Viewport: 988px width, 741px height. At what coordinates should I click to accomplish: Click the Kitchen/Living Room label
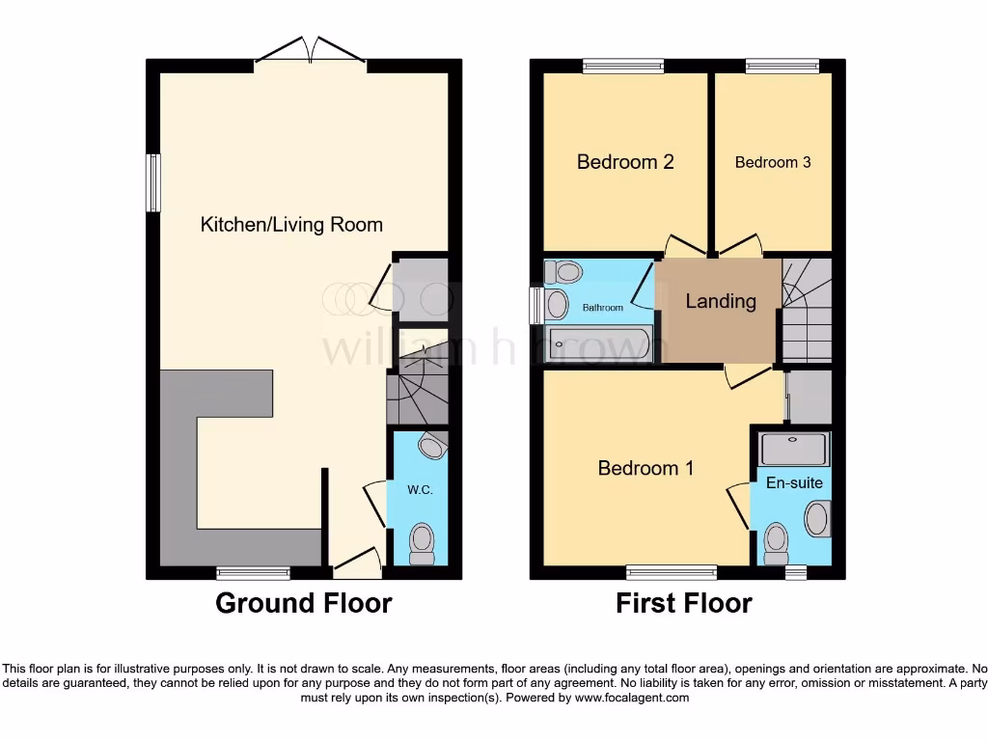click(291, 225)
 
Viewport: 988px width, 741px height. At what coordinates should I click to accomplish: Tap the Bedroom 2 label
click(625, 161)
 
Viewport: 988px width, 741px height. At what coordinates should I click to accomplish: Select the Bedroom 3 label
click(772, 162)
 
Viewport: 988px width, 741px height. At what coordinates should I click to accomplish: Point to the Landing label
click(720, 301)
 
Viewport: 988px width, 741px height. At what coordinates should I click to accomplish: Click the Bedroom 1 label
click(645, 468)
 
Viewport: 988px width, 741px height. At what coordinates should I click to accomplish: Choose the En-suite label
click(794, 482)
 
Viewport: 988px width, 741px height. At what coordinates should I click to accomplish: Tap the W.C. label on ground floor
click(419, 489)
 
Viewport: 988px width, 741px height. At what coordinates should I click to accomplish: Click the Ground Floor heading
click(303, 603)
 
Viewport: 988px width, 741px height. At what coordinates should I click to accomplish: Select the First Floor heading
click(683, 603)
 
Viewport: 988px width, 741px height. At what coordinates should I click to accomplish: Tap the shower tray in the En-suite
click(793, 449)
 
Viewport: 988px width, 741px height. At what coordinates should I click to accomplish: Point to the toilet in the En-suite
click(777, 545)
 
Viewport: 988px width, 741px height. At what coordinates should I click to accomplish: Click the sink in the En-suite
click(817, 519)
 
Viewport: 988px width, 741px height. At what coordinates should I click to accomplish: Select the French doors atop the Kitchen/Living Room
click(310, 50)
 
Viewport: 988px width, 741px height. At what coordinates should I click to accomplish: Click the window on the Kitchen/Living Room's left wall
click(152, 182)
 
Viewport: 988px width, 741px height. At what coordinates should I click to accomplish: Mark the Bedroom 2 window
click(623, 66)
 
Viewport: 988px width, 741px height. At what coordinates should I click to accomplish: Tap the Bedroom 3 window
click(782, 66)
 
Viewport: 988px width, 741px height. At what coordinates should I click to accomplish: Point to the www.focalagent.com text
click(631, 698)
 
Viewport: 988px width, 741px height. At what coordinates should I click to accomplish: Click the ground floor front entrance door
click(355, 560)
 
